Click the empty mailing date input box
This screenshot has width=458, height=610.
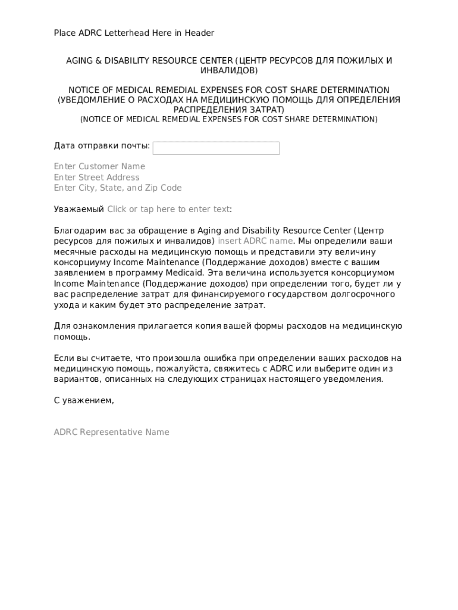pos(216,148)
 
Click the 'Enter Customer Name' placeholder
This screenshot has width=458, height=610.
pos(99,166)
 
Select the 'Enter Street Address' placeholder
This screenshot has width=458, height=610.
pos(96,177)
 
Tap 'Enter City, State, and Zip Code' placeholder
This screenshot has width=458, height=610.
pos(118,188)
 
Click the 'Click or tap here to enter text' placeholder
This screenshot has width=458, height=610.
pos(168,209)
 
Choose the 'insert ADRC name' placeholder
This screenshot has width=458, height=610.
pos(255,241)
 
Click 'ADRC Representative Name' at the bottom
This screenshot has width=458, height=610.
pos(111,432)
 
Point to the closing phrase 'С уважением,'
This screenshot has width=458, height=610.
pos(84,400)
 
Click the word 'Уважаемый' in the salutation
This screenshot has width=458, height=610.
pos(79,209)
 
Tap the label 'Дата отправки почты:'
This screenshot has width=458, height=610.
pos(102,146)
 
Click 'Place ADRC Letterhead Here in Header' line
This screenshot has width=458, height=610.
pos(134,33)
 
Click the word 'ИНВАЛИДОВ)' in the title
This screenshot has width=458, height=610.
pos(229,70)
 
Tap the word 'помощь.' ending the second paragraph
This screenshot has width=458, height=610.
pos(72,337)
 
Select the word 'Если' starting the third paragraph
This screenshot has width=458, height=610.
pos(63,358)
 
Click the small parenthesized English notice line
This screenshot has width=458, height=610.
pos(229,119)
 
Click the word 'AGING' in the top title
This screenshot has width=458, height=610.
pos(79,61)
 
